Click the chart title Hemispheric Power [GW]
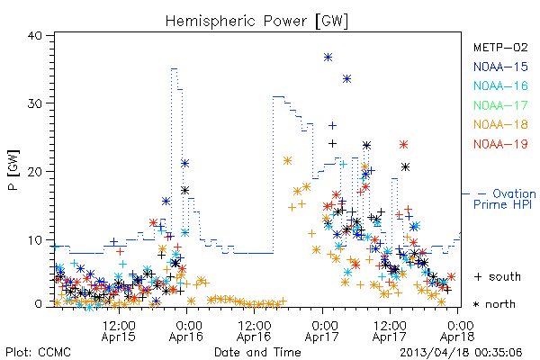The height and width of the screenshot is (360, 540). pos(256,21)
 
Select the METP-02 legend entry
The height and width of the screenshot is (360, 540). pos(500,47)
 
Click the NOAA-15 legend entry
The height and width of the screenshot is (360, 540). pos(500,67)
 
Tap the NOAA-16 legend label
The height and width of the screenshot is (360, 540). pos(500,85)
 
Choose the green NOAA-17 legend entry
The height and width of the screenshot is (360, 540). pos(500,105)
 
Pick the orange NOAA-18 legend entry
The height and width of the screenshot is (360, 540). pos(500,124)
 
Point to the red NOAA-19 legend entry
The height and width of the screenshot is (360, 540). pos(500,144)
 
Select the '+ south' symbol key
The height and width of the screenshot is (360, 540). pos(498,276)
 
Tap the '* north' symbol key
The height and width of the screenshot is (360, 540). pos(494,304)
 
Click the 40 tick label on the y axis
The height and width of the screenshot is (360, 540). pos(34,35)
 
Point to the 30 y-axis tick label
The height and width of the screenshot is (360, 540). pos(34,103)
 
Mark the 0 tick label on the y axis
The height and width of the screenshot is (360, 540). pos(38,304)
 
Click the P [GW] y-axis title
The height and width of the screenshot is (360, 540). pos(13,170)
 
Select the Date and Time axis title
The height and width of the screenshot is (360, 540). pos(257,352)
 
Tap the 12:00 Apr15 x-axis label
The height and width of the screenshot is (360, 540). pos(119,330)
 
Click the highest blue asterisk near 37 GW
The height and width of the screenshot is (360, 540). pos(328,58)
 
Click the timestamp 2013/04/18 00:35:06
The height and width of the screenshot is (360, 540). pos(461,353)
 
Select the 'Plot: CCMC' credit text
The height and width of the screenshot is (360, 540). pos(38,353)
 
